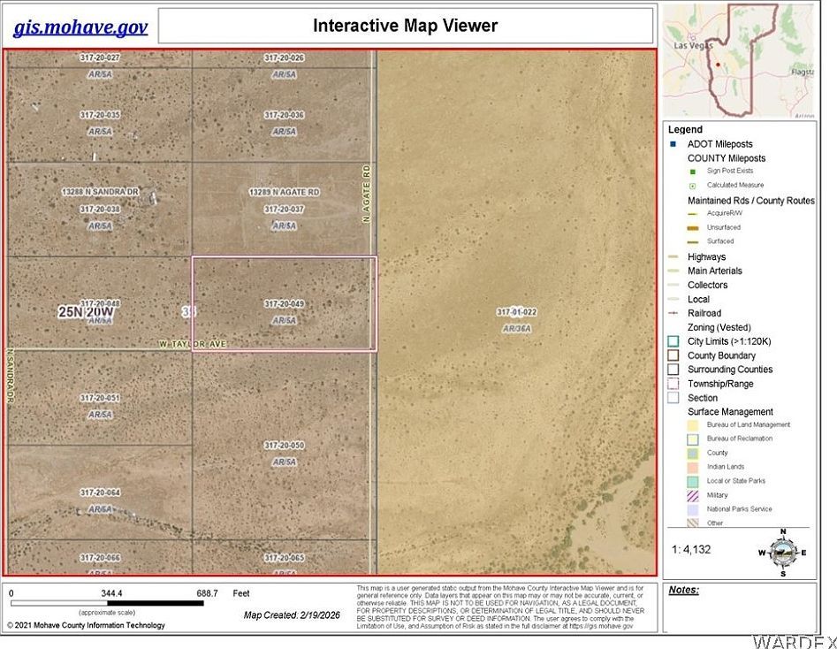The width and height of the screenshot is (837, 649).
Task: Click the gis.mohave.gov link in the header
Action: (x=80, y=27)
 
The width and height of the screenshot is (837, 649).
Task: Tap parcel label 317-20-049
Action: (x=284, y=304)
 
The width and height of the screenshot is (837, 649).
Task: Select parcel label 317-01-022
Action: (x=517, y=312)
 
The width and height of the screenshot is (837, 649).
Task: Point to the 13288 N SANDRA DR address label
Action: (x=101, y=191)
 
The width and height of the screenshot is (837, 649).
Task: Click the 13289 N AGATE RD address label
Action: (x=284, y=192)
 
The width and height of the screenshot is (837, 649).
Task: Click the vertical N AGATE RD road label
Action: (x=365, y=193)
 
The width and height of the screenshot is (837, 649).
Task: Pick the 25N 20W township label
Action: (x=87, y=312)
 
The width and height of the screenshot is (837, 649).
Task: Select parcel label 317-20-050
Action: (x=284, y=446)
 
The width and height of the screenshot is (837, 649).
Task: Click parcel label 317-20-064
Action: (x=100, y=492)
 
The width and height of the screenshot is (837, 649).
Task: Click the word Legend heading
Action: (x=685, y=130)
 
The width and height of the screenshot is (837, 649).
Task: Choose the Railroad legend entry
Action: (x=704, y=313)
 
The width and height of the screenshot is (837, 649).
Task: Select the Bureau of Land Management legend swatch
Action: (x=694, y=425)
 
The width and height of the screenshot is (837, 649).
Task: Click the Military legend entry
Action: (x=717, y=495)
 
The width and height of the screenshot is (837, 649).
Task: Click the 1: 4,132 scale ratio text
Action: (x=691, y=549)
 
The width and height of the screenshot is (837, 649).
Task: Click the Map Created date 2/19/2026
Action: (x=292, y=615)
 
